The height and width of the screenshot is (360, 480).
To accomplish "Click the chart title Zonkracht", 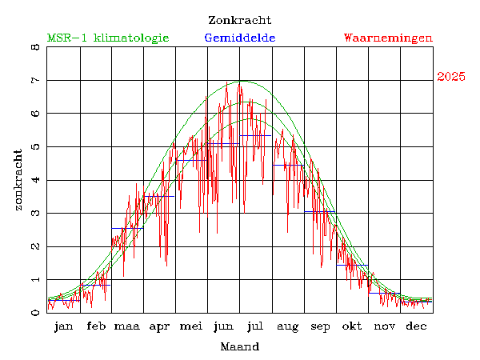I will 239,20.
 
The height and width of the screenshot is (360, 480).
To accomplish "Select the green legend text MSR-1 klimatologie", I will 108,38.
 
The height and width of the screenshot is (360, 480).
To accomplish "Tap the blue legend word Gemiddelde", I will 240,38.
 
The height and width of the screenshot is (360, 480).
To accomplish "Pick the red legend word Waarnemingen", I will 388,38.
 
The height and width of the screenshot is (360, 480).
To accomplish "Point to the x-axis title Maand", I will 239,347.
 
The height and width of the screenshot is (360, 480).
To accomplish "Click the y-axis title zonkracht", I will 18,179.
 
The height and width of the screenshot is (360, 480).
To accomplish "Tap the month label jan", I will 63,326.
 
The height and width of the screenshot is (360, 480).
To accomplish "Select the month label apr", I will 160,326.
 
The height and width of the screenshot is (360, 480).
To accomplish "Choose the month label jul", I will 256,326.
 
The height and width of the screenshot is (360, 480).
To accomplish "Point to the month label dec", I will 416,326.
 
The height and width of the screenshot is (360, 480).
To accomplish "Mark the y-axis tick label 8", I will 34,47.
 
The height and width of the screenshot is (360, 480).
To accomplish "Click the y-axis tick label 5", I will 34,147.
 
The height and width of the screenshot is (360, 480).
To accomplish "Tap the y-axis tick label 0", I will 34,313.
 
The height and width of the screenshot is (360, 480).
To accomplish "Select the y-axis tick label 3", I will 34,214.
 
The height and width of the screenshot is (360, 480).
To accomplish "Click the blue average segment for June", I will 224,144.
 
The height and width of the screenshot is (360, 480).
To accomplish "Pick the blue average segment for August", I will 288,165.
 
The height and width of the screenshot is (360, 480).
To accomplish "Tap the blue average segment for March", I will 127,229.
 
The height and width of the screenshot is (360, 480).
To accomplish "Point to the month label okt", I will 352,326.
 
